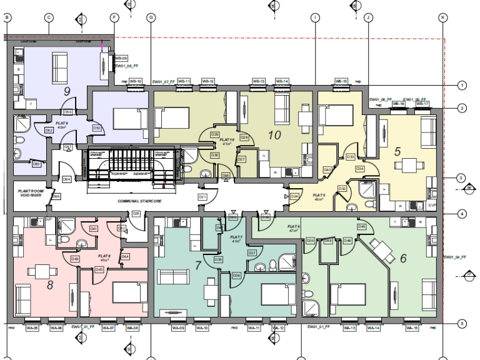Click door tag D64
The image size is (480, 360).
tap(66, 179)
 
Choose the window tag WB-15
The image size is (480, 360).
tap(341, 81)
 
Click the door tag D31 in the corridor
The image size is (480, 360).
tap(202, 197)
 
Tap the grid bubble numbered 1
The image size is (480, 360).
tap(462, 85)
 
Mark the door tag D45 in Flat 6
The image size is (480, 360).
tap(361, 226)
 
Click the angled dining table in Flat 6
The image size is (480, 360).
tap(382, 250)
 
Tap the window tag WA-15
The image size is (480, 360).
tap(411, 328)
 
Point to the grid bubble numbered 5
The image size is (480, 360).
tap(462, 324)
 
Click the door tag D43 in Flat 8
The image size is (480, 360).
tap(99, 269)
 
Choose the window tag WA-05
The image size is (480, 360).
tap(32, 328)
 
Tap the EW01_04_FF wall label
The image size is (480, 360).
tap(454, 257)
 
